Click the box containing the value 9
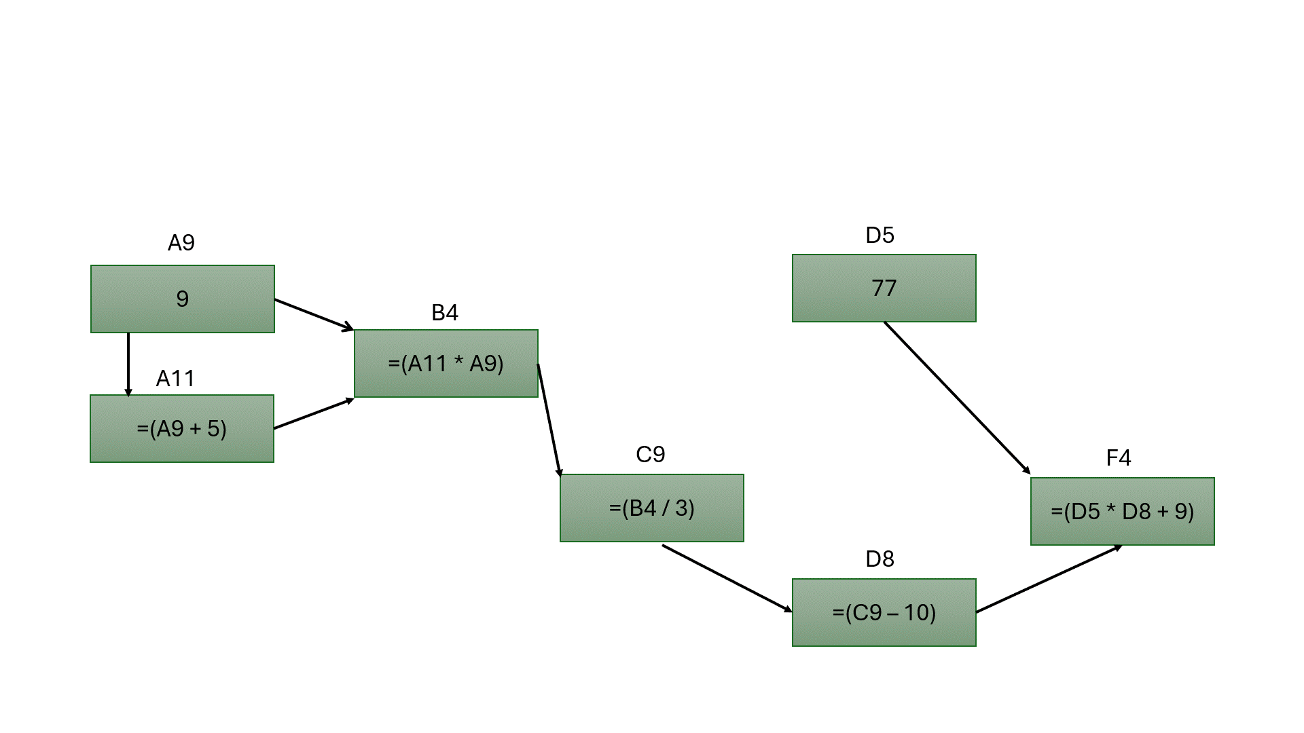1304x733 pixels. [x=182, y=299]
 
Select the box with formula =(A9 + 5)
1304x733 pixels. [x=182, y=428]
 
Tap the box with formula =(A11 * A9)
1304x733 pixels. [x=446, y=363]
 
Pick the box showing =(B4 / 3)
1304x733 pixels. [x=651, y=508]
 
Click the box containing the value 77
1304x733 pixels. [x=884, y=288]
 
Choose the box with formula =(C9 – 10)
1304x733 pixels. [x=884, y=612]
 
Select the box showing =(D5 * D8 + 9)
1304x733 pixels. [x=1122, y=511]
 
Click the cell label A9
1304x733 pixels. [x=181, y=242]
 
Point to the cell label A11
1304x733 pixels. [x=175, y=378]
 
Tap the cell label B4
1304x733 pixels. [x=445, y=312]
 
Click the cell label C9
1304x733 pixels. [x=650, y=454]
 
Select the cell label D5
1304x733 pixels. [x=880, y=235]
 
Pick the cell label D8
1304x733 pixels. [x=880, y=559]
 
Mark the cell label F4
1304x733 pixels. [x=1119, y=457]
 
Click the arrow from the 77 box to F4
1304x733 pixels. [x=957, y=398]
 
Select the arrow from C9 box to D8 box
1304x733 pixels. [x=727, y=578]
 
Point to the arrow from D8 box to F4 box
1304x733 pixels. [x=1049, y=579]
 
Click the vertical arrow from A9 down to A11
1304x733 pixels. [x=128, y=364]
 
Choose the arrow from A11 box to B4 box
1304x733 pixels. [x=314, y=413]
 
